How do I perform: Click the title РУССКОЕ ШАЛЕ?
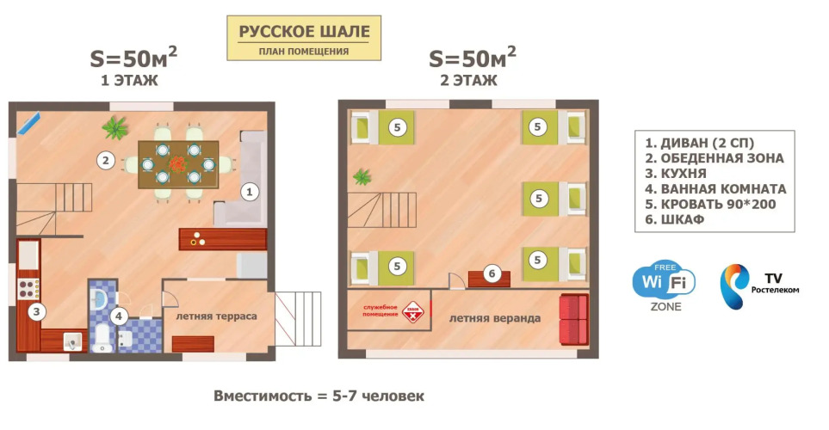point(304,32)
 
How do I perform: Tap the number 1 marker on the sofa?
point(250,192)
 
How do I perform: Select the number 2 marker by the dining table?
point(106,160)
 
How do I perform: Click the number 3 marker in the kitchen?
point(36,311)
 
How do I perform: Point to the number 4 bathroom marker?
point(119,316)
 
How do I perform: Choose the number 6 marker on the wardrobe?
point(492,273)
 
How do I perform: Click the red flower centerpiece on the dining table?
point(179,163)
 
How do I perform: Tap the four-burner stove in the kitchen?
point(28,289)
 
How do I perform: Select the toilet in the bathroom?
point(102,338)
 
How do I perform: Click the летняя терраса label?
point(216,316)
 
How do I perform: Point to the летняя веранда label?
point(495,318)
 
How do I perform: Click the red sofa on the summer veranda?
point(574,319)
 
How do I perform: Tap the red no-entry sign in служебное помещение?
point(412,312)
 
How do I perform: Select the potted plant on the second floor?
point(362,177)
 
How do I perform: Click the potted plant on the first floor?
point(115,127)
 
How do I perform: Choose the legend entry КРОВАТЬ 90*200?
point(710,204)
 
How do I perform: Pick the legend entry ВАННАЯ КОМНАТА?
point(715,188)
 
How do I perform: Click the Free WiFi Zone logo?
point(664,286)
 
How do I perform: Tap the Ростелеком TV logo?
point(759,287)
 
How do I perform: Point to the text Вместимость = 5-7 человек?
point(319,396)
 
